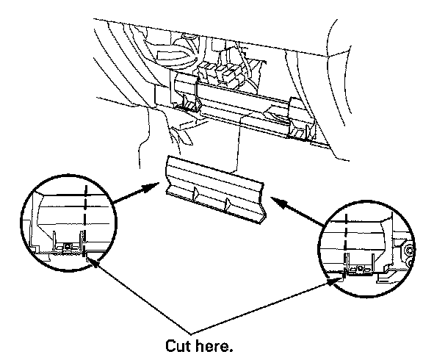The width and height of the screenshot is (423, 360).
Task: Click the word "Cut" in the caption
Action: [178, 345]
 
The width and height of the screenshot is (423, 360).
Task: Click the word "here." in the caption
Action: [214, 345]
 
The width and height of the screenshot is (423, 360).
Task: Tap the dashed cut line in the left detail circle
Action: [85, 220]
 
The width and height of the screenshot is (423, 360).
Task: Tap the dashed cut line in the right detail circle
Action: [345, 243]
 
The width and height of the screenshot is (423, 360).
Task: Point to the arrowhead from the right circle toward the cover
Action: [278, 202]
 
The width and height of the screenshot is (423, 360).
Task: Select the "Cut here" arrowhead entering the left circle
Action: [91, 262]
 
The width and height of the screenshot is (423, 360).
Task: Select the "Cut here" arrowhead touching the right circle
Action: [334, 281]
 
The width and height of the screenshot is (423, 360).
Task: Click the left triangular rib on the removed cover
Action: [195, 193]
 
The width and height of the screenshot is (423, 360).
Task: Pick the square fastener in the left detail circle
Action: [67, 246]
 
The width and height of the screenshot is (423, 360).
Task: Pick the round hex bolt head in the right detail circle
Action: [409, 251]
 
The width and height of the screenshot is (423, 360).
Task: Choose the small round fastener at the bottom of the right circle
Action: [359, 268]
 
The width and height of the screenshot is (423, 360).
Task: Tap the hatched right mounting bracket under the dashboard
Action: [299, 132]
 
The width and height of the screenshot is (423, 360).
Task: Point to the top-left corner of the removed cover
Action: [168, 156]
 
